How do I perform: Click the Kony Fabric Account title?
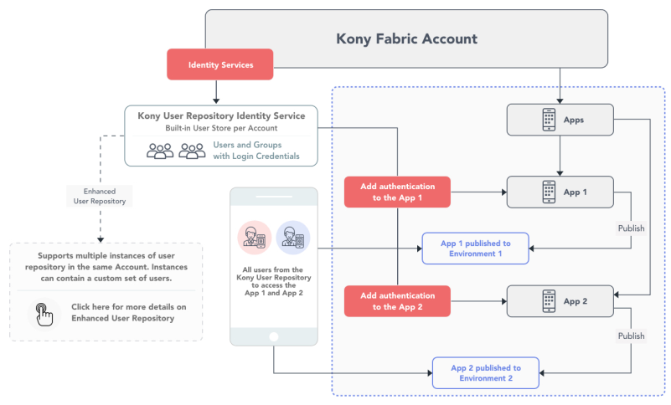coord(406,39)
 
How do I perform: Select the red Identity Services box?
coord(220,64)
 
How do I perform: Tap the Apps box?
coord(560,120)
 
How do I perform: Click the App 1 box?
coord(560,192)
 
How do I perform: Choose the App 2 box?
coord(560,301)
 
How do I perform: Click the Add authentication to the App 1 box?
coord(397,192)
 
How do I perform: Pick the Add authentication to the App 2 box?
coord(397,301)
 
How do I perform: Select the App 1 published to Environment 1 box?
coord(476,249)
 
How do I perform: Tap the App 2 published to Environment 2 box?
coord(486,373)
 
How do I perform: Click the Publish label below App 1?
coord(631,228)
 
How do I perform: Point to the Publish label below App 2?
coord(631,336)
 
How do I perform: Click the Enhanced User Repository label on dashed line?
coord(100,197)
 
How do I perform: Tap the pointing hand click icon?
coord(44,315)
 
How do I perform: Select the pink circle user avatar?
coord(255,238)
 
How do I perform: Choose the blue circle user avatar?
coord(293,238)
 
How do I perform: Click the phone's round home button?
coord(274,337)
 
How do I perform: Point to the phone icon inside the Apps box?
coord(549,120)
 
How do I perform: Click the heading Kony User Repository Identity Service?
coord(221,116)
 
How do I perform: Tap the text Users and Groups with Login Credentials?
coord(255,151)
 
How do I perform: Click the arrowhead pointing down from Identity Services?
coord(216,101)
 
